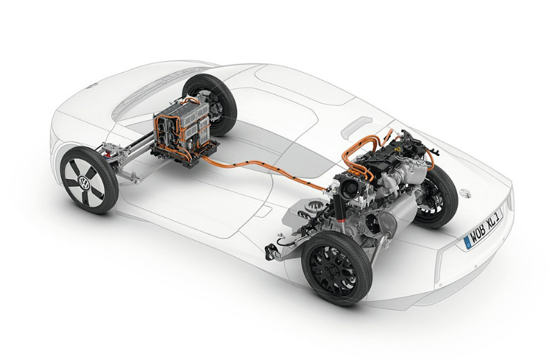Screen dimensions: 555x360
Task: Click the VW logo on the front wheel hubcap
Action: coord(85,183)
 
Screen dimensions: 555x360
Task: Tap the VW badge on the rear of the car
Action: coord(464,194)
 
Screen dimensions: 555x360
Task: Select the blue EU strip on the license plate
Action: coord(467,244)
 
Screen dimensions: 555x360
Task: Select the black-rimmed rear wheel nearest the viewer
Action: coord(336,266)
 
